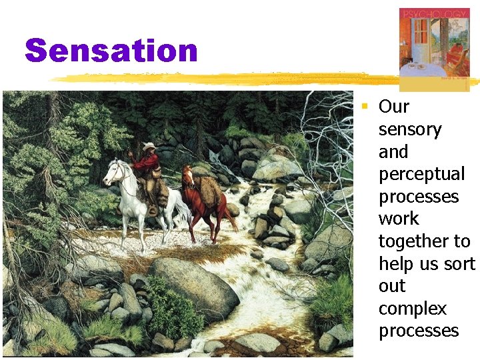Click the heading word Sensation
point(111,51)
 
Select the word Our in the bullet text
point(393,107)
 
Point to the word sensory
point(409,129)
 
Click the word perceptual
point(421,174)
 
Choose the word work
point(398,219)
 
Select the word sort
point(460,263)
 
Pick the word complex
point(412,309)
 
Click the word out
point(391,286)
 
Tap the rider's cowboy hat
point(148,147)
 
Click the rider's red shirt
point(144,161)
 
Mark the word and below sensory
point(393,151)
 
